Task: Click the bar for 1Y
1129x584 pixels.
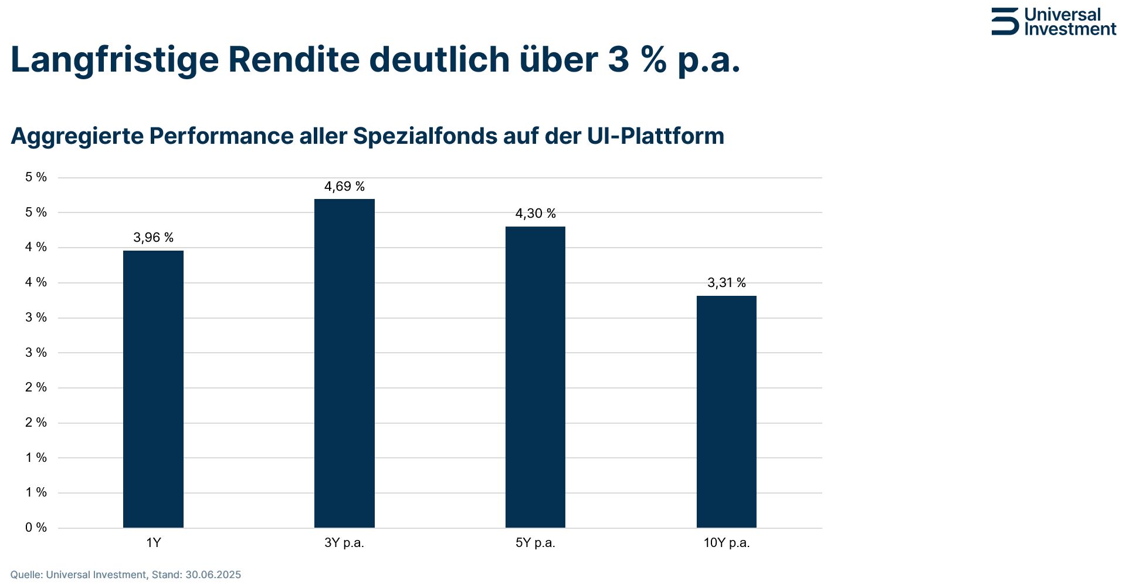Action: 153,389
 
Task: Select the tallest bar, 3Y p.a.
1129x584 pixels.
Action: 344,363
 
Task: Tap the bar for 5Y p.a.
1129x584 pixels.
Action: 535,377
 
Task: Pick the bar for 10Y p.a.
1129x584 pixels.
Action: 726,411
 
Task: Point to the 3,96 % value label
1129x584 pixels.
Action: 153,238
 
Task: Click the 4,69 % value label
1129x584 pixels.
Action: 344,187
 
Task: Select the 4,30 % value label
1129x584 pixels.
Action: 535,214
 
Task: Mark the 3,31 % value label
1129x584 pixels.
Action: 726,283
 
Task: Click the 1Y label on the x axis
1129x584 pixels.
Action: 153,543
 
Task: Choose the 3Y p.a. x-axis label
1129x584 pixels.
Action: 344,543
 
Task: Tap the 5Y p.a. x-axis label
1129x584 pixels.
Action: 535,543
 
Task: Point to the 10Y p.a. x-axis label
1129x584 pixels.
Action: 726,543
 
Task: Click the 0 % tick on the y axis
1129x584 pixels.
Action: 36,528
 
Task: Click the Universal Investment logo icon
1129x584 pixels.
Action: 1005,22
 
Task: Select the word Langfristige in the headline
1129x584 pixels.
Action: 114,60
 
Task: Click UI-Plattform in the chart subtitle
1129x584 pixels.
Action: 655,136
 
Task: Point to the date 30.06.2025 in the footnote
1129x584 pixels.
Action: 213,575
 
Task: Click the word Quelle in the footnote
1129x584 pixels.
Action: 25,575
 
